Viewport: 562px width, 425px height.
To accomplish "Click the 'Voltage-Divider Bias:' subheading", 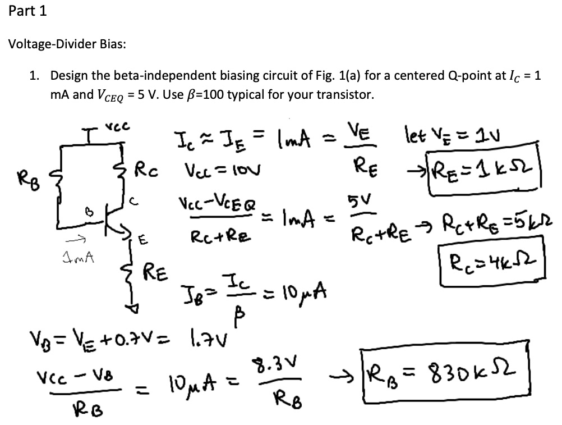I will (x=66, y=44).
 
